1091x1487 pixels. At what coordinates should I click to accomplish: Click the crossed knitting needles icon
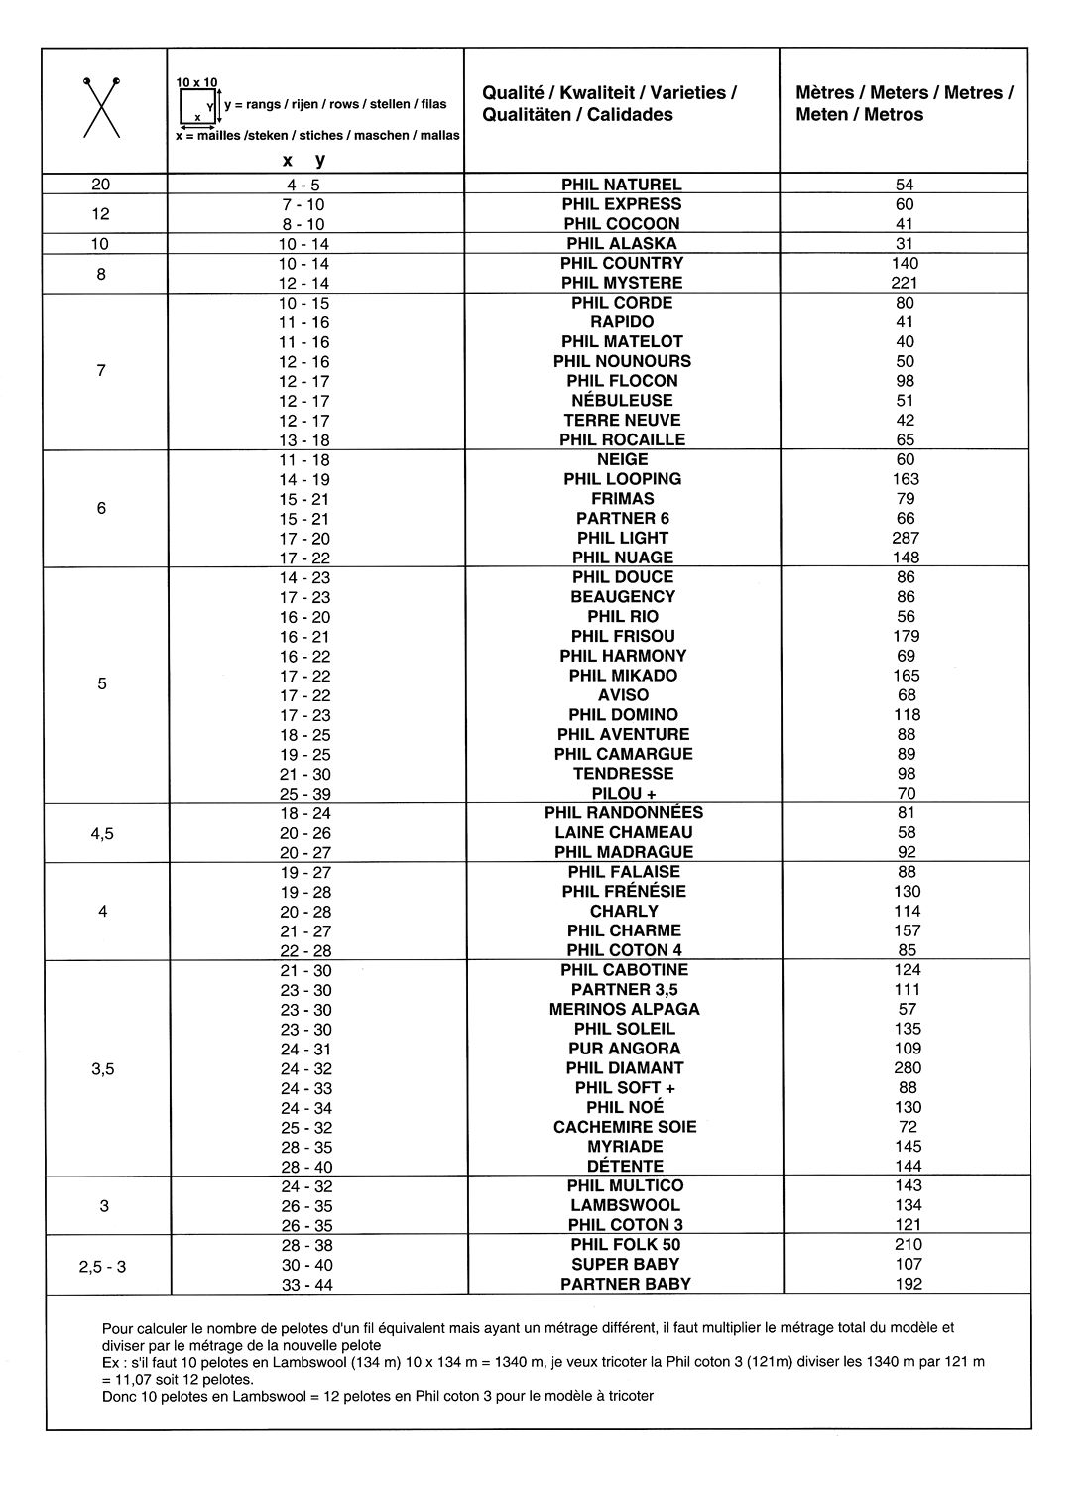pyautogui.click(x=101, y=106)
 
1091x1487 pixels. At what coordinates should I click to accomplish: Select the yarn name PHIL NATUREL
pyautogui.click(x=622, y=185)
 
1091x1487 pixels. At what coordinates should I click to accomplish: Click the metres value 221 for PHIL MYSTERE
pyautogui.click(x=906, y=283)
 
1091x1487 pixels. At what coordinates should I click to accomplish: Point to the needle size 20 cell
pyautogui.click(x=101, y=185)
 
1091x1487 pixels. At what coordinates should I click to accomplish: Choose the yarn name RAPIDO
pyautogui.click(x=622, y=322)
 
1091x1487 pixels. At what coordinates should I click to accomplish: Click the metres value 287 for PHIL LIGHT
pyautogui.click(x=906, y=538)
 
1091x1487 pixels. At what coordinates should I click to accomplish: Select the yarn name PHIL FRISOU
pyautogui.click(x=623, y=636)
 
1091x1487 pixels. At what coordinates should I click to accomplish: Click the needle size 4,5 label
pyautogui.click(x=102, y=833)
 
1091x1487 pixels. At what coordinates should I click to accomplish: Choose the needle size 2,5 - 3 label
pyautogui.click(x=102, y=1265)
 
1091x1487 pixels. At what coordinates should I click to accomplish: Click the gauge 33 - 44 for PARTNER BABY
pyautogui.click(x=305, y=1284)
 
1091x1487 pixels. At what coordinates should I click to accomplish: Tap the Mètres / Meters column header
pyautogui.click(x=904, y=104)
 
